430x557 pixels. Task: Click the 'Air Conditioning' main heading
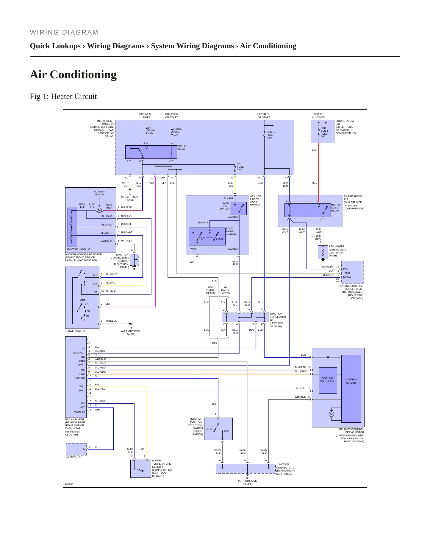point(73,75)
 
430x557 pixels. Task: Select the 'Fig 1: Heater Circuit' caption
point(63,97)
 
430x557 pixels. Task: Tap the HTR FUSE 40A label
point(151,130)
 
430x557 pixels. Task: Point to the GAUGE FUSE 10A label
point(178,132)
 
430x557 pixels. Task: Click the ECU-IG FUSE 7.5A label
point(271,135)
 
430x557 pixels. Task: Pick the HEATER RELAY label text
point(182,147)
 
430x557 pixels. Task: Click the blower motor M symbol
point(99,210)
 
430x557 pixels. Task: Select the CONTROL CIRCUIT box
point(351,388)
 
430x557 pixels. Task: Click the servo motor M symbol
point(331,414)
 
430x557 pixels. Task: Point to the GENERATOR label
point(74,457)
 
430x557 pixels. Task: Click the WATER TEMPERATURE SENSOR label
point(162,468)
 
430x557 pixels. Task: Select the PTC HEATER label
point(337,251)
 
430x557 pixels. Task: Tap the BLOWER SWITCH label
point(76,331)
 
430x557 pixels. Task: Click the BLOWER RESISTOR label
point(79,249)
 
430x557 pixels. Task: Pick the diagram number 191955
point(69,484)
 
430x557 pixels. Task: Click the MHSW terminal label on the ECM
point(347,277)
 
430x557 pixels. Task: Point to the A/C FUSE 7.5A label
point(240,167)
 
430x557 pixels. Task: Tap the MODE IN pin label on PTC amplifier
point(79,412)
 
